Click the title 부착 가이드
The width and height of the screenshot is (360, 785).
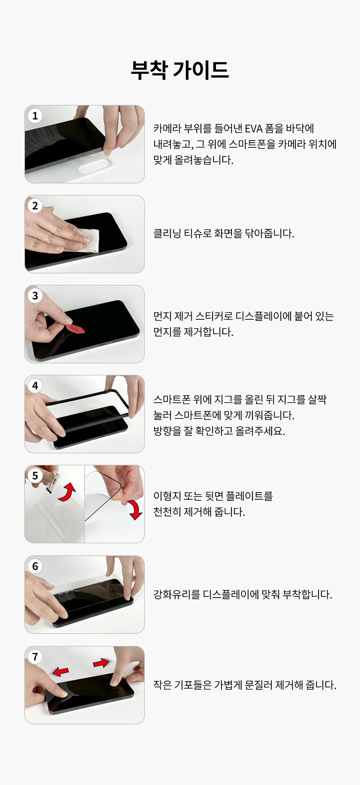click(180, 70)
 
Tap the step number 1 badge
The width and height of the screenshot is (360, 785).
click(35, 115)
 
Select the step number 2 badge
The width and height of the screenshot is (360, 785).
click(35, 205)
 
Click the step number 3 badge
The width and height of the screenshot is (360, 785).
click(35, 295)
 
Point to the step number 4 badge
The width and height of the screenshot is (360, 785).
click(35, 385)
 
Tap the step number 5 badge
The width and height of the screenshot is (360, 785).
click(35, 475)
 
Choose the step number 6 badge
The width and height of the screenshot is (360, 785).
click(35, 566)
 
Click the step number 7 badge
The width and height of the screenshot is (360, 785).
click(35, 656)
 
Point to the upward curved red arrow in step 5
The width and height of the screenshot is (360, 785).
click(67, 492)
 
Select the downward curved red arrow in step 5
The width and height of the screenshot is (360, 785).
click(135, 509)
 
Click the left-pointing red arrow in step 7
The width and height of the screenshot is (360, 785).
click(61, 672)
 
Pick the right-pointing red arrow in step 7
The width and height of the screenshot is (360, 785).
click(102, 662)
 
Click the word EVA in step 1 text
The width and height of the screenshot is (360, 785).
click(254, 128)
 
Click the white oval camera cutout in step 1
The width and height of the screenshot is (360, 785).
click(96, 165)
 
